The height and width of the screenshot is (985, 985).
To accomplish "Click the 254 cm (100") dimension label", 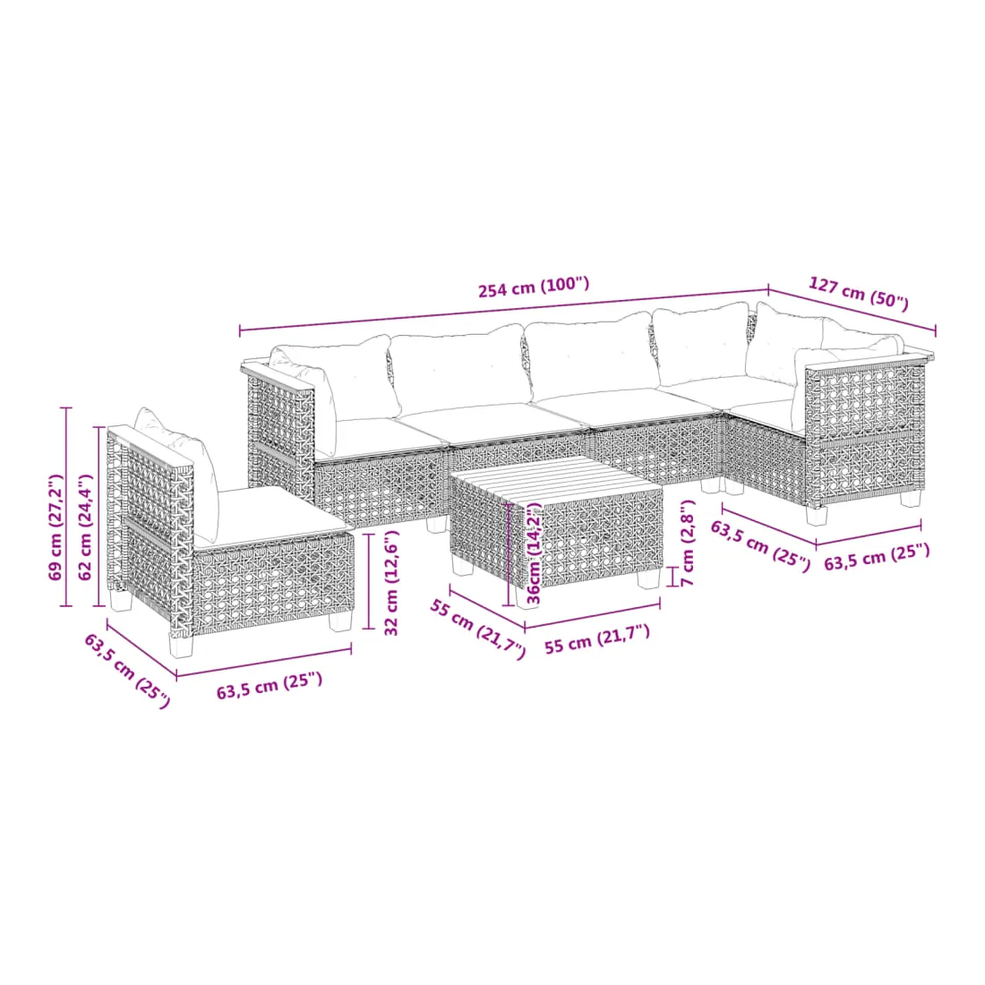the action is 534,287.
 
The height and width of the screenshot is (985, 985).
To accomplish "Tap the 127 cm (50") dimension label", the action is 858,293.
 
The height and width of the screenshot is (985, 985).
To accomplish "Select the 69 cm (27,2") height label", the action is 56,527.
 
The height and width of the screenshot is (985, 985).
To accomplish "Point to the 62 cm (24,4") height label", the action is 85,527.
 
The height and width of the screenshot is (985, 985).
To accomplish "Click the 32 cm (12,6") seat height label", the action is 390,583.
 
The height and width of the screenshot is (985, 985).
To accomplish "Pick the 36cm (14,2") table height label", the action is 534,552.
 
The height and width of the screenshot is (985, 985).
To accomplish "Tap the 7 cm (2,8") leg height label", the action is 687,543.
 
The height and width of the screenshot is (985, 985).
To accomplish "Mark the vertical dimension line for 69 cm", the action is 66,507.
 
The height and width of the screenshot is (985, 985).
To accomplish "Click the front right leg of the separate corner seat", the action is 341,621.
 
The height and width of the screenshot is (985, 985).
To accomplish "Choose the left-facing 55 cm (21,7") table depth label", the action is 476,630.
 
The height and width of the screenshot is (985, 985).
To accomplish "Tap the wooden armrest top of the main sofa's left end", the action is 278,377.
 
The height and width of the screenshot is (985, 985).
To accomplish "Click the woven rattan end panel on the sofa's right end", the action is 866,433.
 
